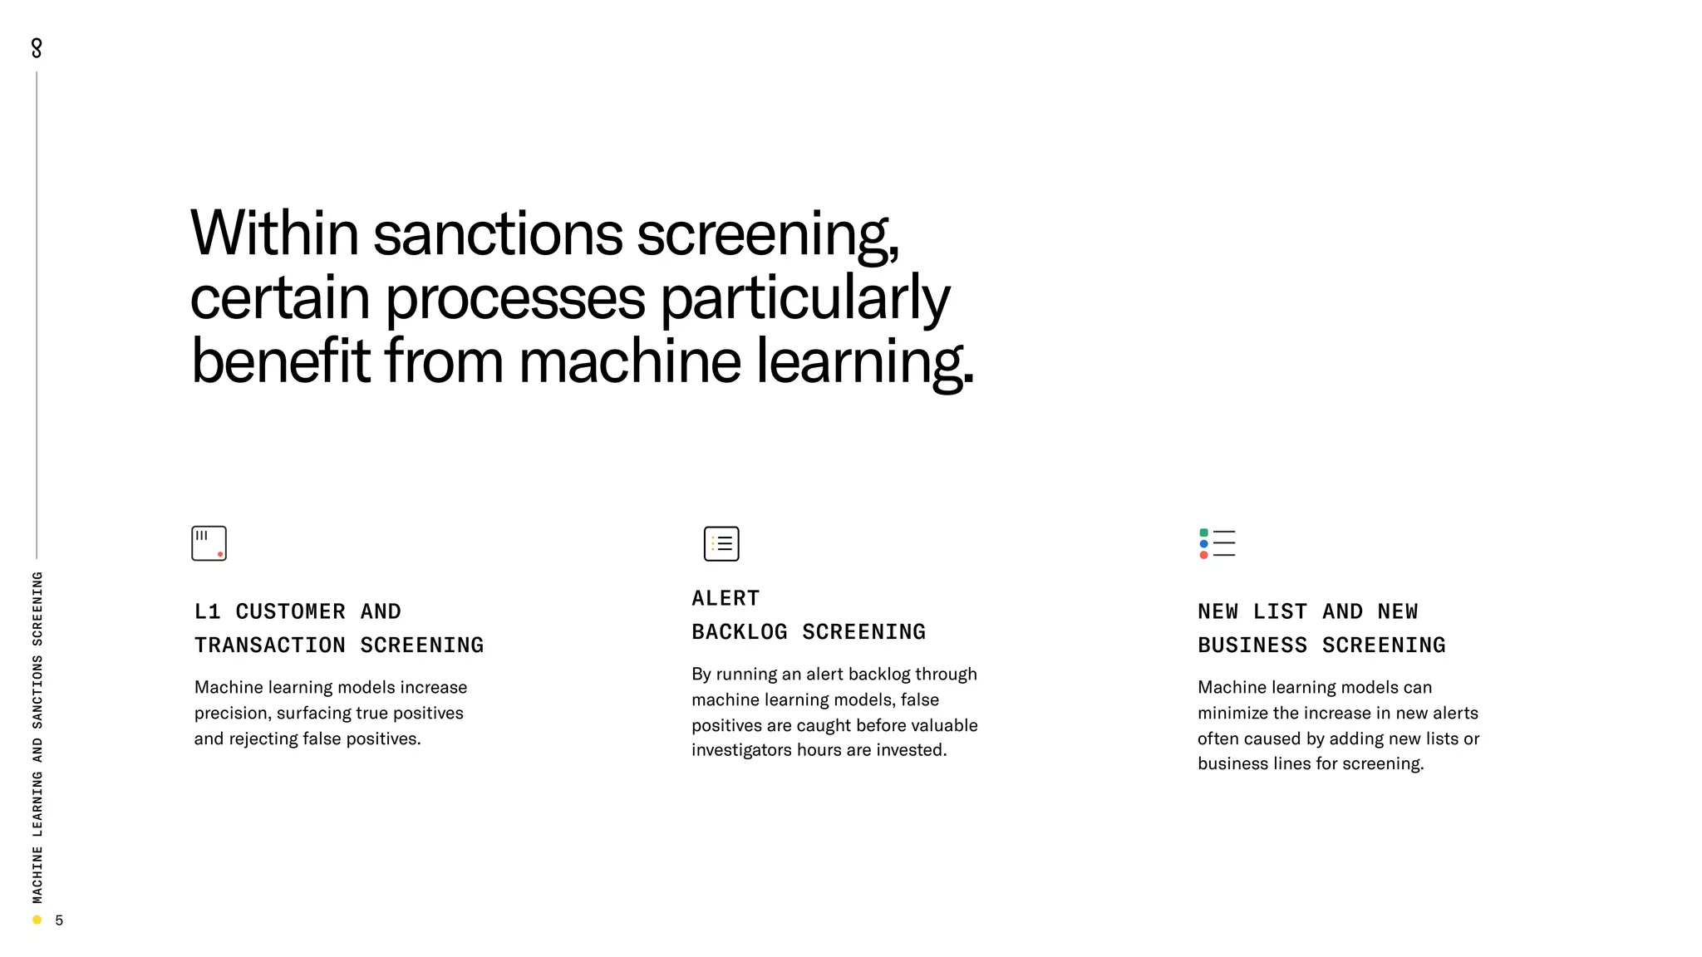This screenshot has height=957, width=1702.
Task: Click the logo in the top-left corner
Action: [x=37, y=48]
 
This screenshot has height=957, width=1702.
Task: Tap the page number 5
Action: [x=59, y=920]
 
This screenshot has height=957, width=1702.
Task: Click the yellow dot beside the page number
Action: [x=37, y=920]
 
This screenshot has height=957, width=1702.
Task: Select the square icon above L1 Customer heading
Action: [x=209, y=543]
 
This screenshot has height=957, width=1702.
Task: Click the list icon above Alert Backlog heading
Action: [x=721, y=543]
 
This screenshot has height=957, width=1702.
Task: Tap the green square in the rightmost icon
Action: [x=1203, y=532]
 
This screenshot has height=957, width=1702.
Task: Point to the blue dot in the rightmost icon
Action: [x=1203, y=544]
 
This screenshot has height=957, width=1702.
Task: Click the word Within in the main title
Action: [x=274, y=233]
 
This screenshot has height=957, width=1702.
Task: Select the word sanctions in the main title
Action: [x=498, y=233]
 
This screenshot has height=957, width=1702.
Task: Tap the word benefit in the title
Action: [x=280, y=361]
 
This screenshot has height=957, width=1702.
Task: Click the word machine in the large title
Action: [x=629, y=361]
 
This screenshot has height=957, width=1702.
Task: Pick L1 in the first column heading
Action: [x=207, y=612]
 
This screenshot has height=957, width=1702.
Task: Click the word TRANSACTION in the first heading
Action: [x=270, y=645]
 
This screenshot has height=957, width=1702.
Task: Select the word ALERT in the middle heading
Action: [x=726, y=598]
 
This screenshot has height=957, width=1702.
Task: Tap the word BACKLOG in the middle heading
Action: [x=740, y=632]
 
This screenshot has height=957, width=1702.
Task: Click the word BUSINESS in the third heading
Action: [x=1252, y=645]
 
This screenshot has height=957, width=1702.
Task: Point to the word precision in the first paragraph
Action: [x=230, y=714]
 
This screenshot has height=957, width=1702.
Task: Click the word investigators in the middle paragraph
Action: [x=741, y=750]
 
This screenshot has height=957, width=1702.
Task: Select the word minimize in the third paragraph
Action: [x=1232, y=714]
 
